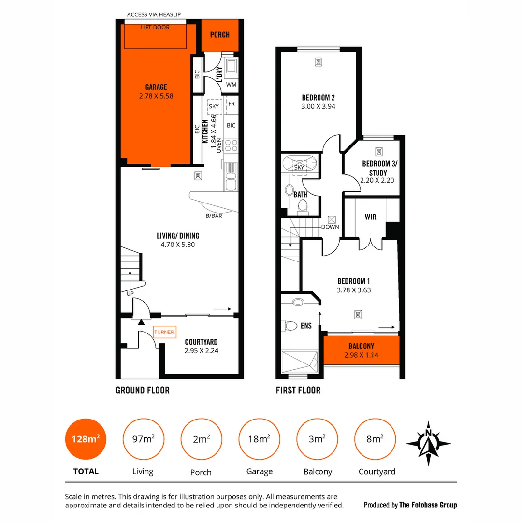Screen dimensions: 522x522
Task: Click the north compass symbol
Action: click(x=428, y=443)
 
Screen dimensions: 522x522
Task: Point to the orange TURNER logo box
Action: click(x=164, y=333)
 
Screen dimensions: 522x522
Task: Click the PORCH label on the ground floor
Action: click(x=219, y=35)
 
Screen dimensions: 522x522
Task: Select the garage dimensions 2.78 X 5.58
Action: click(x=156, y=96)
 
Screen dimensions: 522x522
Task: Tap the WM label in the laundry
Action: click(x=232, y=85)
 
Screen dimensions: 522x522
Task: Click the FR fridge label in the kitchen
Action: click(x=232, y=104)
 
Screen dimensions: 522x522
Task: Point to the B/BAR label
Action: click(x=213, y=216)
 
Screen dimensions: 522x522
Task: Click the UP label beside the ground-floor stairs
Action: click(x=130, y=293)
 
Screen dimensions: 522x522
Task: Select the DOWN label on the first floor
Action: click(x=331, y=227)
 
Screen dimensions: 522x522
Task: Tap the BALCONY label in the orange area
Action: click(x=361, y=346)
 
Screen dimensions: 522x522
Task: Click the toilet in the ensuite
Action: click(x=291, y=325)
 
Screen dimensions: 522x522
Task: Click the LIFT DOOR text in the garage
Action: click(x=155, y=28)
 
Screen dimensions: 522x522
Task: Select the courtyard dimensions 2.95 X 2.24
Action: click(x=201, y=351)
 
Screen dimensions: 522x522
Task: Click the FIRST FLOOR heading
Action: click(x=298, y=390)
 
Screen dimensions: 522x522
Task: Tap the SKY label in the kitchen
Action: click(x=214, y=106)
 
